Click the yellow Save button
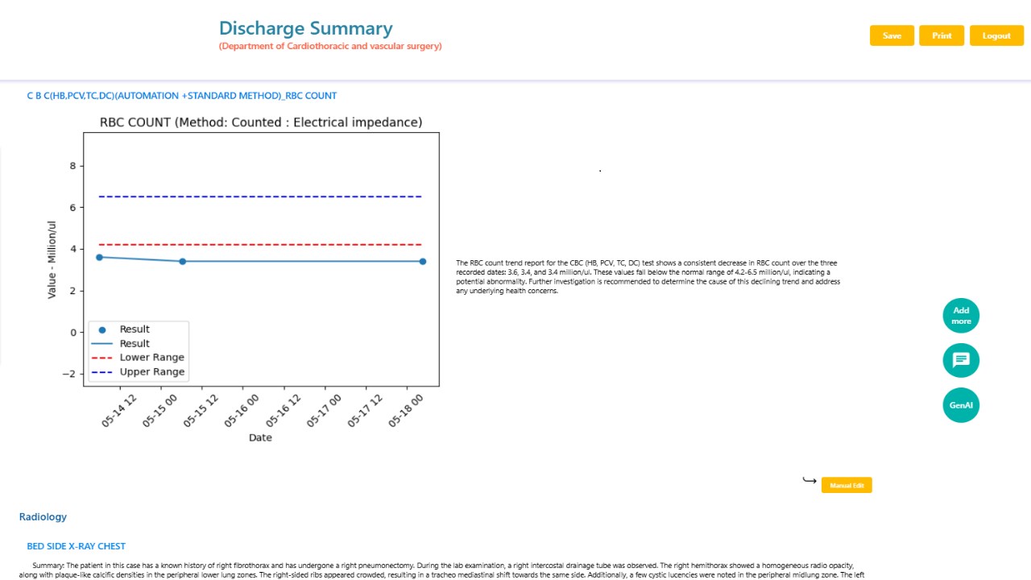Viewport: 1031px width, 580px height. pos(892,35)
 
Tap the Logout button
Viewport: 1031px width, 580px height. pos(996,35)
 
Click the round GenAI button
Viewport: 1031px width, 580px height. pos(961,405)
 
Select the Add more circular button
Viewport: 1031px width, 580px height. pos(961,316)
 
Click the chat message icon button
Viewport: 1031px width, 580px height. pos(961,360)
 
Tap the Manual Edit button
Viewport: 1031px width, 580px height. pos(847,485)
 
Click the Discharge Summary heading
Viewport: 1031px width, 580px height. pos(305,28)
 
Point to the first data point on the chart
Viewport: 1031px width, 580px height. pos(99,257)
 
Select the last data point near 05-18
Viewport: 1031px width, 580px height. pos(423,262)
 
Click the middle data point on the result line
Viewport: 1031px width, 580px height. pos(183,262)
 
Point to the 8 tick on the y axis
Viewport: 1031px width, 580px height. pos(72,166)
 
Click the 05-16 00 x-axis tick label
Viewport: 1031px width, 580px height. pos(241,411)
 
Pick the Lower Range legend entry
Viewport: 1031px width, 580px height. pos(138,357)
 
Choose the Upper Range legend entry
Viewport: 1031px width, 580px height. pos(138,371)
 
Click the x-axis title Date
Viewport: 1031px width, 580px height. pos(260,437)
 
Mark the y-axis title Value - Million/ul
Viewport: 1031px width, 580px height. pos(52,259)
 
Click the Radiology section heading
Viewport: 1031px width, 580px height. pos(43,516)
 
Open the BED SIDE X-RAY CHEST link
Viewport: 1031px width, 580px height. pos(76,546)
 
